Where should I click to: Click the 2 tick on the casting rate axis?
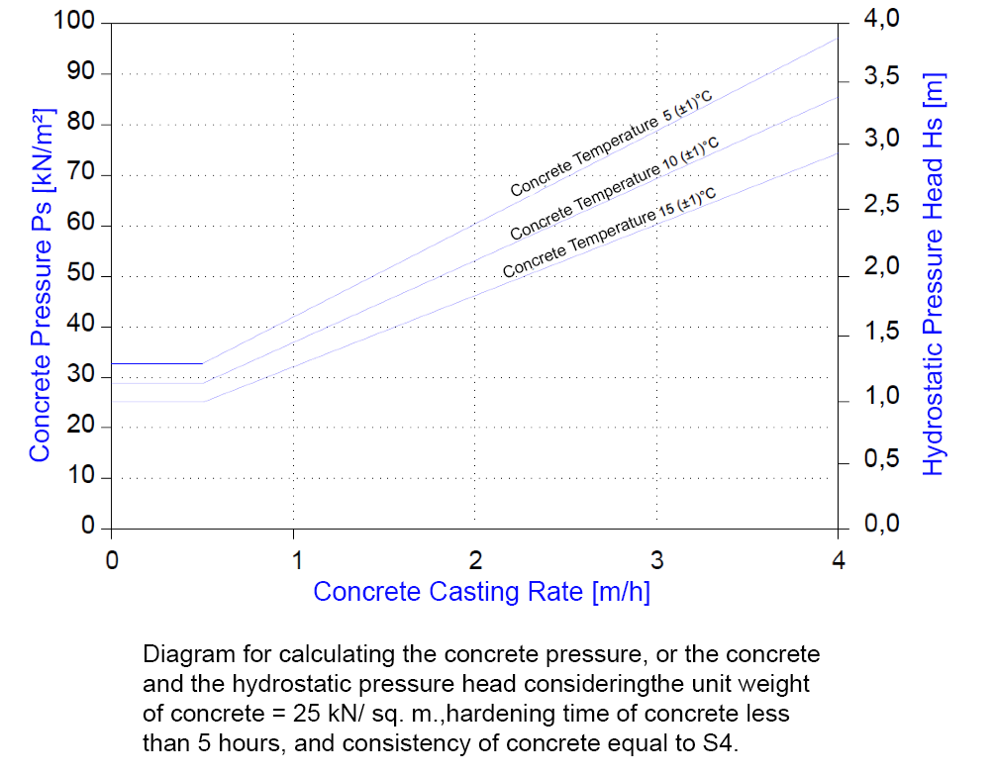pyautogui.click(x=475, y=559)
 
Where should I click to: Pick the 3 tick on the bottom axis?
pyautogui.click(x=656, y=559)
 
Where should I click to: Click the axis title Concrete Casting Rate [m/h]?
pyautogui.click(x=481, y=592)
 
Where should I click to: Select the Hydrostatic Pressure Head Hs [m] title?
pyautogui.click(x=934, y=273)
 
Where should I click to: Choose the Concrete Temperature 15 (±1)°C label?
pyautogui.click(x=610, y=234)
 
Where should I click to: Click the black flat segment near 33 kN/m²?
pyautogui.click(x=157, y=363)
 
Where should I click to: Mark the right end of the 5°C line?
pyautogui.click(x=838, y=40)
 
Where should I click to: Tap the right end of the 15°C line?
pyautogui.click(x=838, y=152)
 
